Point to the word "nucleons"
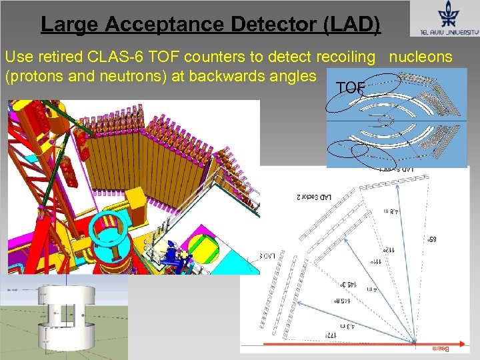tap(421, 57)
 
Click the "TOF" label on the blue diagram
tap(351, 87)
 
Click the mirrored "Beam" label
tap(441, 348)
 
